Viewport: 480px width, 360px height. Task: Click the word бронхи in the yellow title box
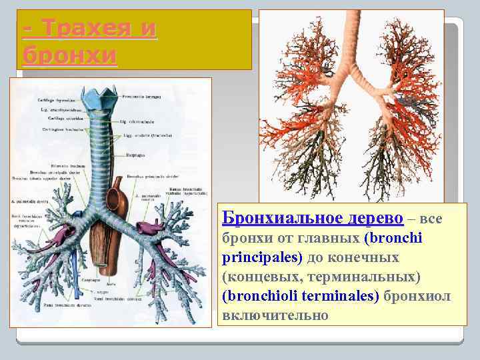coord(69,54)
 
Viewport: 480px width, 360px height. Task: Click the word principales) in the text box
coord(262,257)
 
